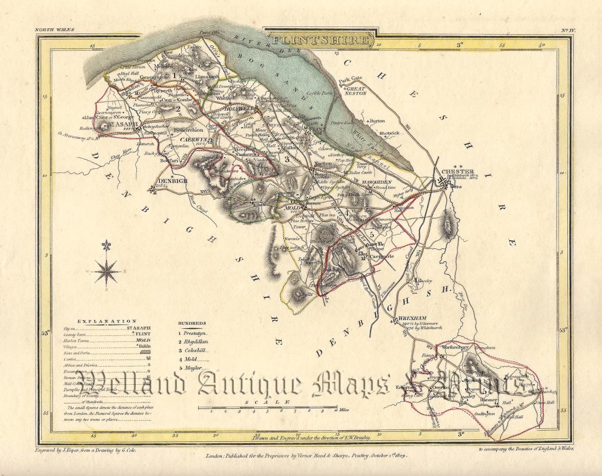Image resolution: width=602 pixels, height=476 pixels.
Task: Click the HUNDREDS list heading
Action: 192,324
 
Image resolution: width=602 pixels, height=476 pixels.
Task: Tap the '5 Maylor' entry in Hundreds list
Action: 192,367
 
